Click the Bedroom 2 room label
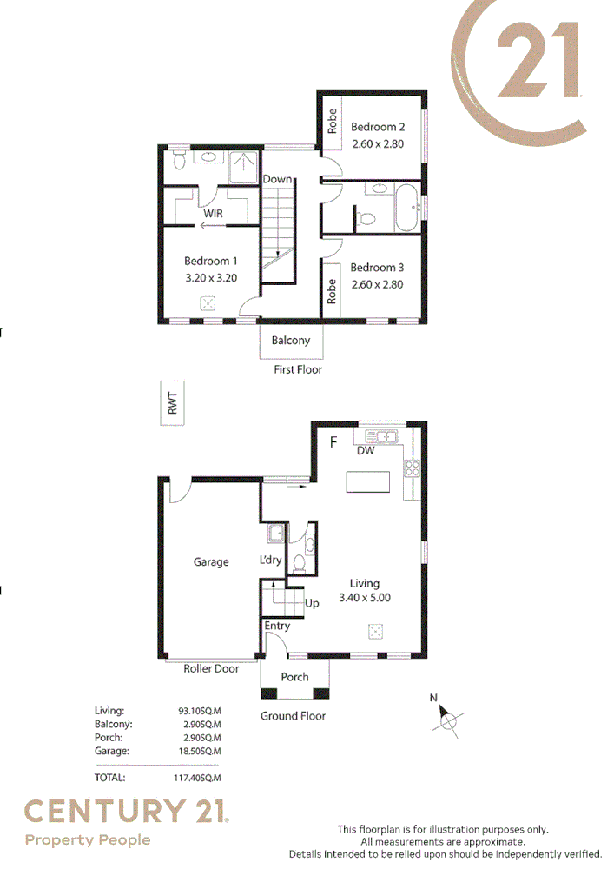(x=377, y=127)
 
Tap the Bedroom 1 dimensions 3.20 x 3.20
(x=211, y=278)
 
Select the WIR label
(x=213, y=213)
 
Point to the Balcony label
(x=290, y=341)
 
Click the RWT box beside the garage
(x=173, y=403)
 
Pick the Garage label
(x=211, y=562)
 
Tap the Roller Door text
(x=211, y=669)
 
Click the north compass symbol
(x=447, y=718)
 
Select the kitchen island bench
(x=368, y=481)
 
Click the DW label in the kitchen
(x=366, y=450)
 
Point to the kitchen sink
(x=381, y=436)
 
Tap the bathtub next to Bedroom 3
(x=406, y=207)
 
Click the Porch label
(x=294, y=677)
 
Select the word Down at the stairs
(x=278, y=179)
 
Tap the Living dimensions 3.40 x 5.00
(x=365, y=598)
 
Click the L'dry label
(x=270, y=561)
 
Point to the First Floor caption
(x=298, y=369)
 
